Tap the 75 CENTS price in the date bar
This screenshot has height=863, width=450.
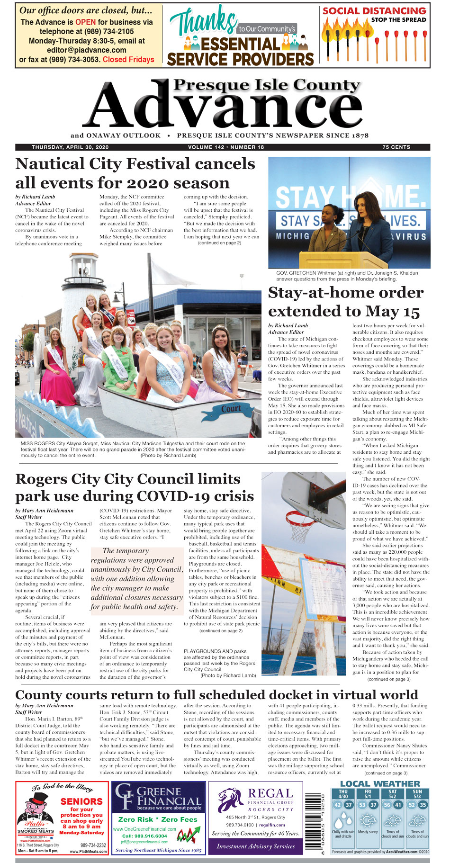[x=396, y=147]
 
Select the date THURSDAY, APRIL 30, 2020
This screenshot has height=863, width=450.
[x=70, y=147]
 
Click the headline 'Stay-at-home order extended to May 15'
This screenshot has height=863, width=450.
[x=346, y=302]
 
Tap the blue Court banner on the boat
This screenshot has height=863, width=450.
[x=231, y=409]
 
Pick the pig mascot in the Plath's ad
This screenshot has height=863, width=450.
[x=36, y=807]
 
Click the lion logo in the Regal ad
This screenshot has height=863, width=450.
[x=231, y=799]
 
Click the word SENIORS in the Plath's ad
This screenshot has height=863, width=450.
[x=81, y=801]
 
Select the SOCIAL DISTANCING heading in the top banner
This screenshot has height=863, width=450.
[x=374, y=11]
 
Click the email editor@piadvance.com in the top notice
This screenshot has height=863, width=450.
[x=87, y=50]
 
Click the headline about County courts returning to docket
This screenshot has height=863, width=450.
[x=216, y=695]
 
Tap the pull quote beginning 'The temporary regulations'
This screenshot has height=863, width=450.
[x=136, y=578]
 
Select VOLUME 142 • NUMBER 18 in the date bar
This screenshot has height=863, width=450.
[x=226, y=147]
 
